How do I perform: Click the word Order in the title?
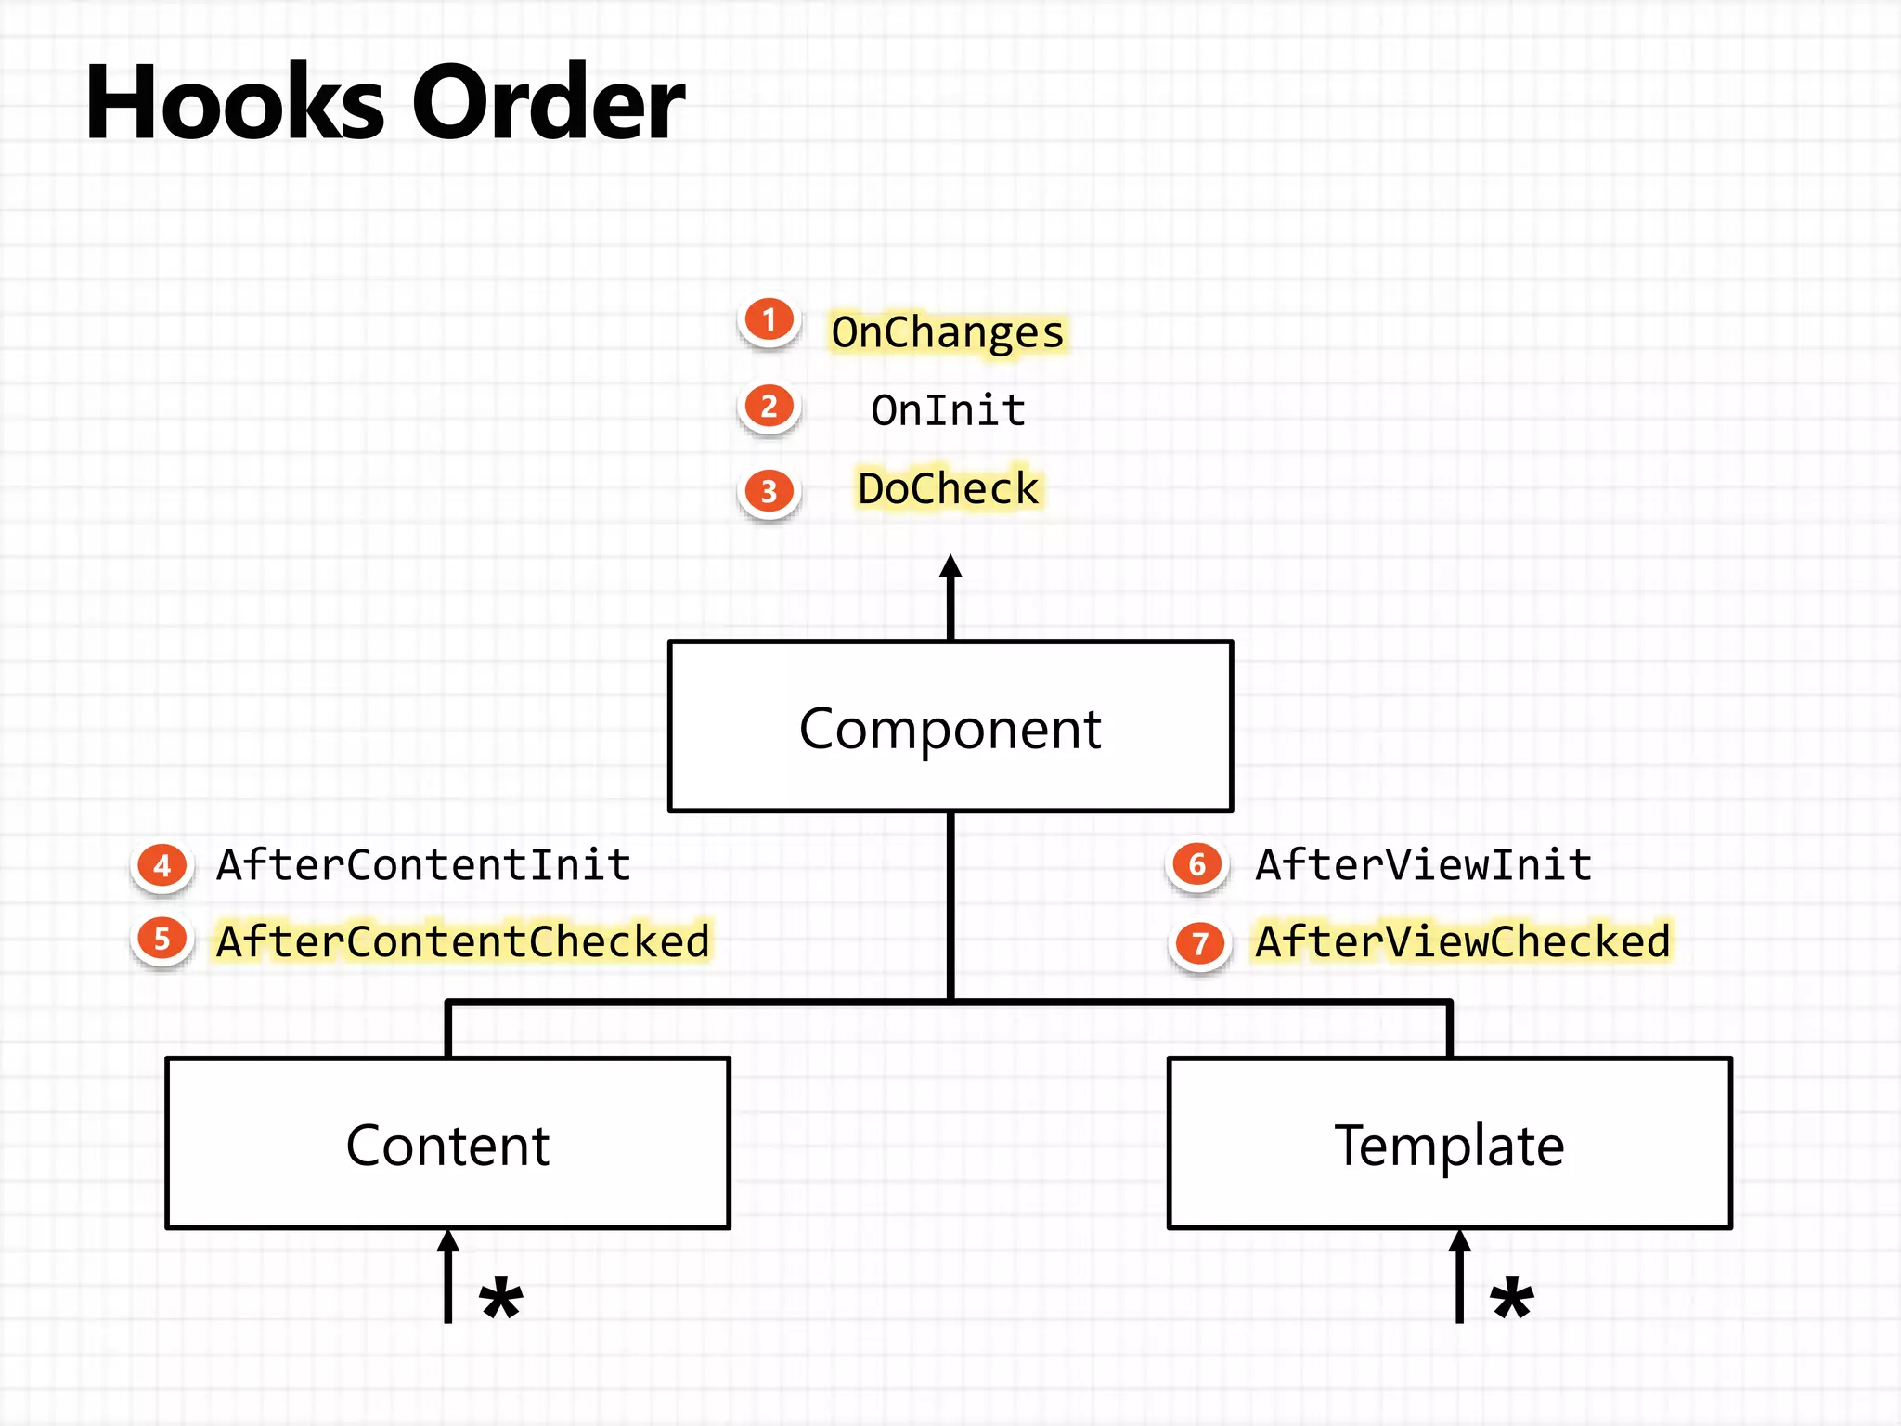coord(548,102)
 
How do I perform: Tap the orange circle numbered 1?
coord(769,320)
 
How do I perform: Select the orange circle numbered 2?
coord(769,407)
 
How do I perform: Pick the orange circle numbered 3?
coord(769,491)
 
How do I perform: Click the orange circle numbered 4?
coord(162,866)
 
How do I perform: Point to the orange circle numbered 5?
coord(162,939)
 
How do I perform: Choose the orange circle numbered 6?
coord(1197,865)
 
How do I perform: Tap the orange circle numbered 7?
coord(1200,944)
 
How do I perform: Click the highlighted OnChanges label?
coord(948,332)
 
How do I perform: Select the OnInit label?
coord(948,410)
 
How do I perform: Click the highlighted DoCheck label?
coord(948,488)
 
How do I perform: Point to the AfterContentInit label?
coord(423,865)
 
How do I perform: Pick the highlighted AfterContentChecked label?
coord(462,941)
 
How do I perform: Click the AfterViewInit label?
coord(1424,865)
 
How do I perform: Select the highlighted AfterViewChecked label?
coord(1463,941)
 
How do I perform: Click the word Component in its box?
coord(950,729)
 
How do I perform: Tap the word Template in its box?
coord(1449,1146)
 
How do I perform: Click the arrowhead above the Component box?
coord(950,566)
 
